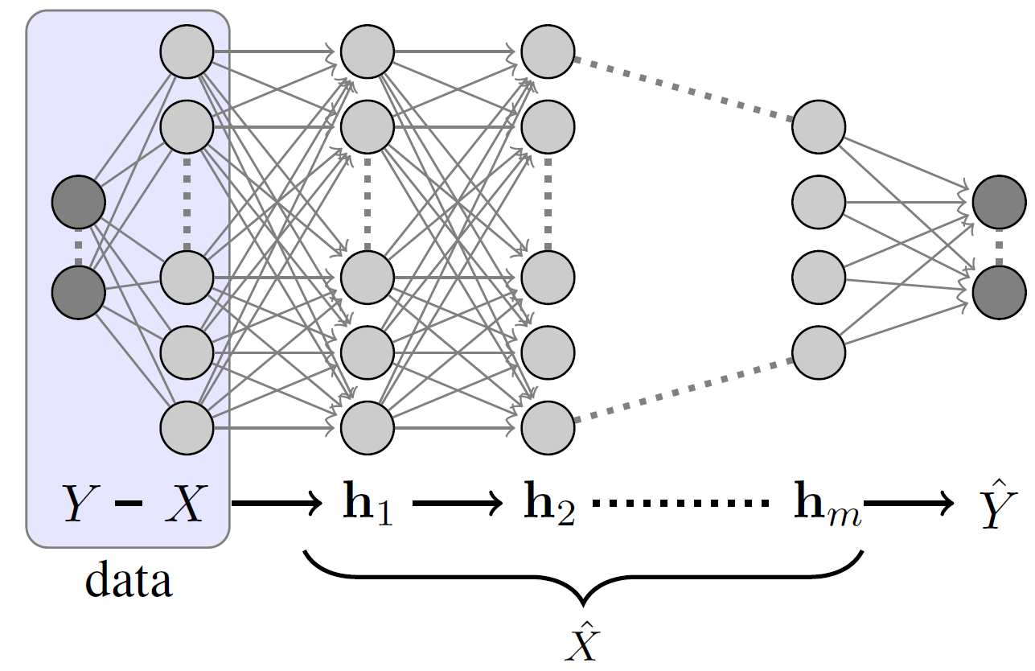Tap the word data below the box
[129, 580]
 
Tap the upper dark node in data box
[79, 202]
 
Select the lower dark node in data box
[79, 290]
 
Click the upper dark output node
[999, 202]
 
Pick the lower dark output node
[999, 290]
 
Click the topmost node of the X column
[187, 52]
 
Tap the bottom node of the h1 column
[367, 426]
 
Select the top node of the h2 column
[548, 52]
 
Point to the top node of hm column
[819, 126]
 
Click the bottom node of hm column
[819, 352]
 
